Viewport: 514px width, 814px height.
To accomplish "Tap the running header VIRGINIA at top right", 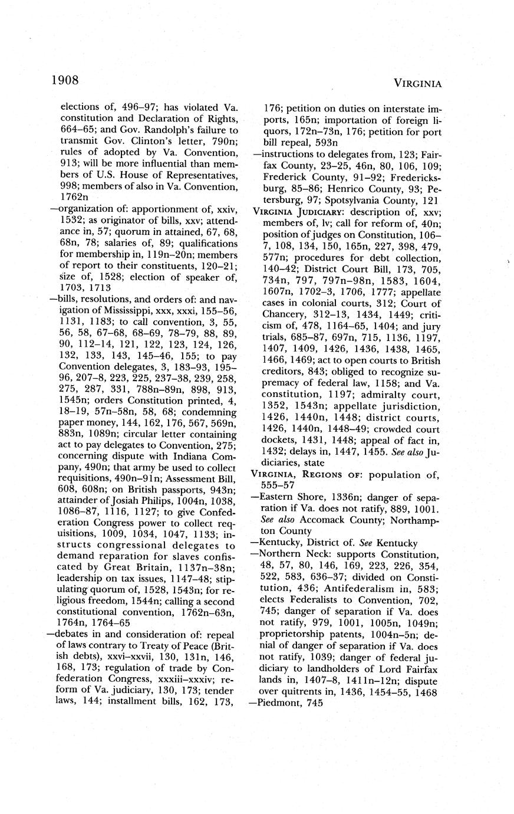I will coord(417,84).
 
